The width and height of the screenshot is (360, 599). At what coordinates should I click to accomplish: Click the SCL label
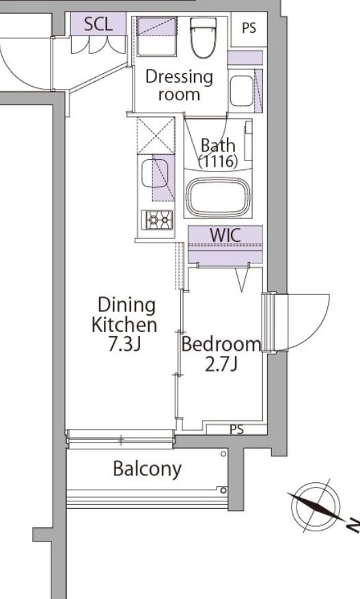coord(98,24)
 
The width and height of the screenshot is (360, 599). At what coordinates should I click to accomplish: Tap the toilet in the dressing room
coord(203,38)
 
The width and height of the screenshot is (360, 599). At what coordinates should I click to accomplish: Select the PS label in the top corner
coord(249,28)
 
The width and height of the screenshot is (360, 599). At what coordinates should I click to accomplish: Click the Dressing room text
coord(179,85)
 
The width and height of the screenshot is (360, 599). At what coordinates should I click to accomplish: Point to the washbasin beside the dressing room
coord(242,91)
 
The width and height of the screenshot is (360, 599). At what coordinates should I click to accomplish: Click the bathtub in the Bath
coord(218,197)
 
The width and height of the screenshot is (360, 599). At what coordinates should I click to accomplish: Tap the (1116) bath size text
coord(218,162)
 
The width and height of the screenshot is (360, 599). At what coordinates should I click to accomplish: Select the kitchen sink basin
coord(154,173)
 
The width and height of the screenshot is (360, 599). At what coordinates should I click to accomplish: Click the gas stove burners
coord(156,220)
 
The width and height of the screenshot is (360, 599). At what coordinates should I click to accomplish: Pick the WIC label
coord(225,236)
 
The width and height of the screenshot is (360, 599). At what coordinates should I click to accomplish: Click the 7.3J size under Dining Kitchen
coord(124,344)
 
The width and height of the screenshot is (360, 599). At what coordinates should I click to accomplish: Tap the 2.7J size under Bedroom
coord(221,364)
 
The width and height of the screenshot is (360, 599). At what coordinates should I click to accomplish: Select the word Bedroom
coord(221,344)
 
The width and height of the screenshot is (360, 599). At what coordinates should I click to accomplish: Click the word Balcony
coord(147,469)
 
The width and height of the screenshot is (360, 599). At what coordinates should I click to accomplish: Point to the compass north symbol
coord(316,507)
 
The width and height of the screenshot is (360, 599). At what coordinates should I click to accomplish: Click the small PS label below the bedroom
coord(236,430)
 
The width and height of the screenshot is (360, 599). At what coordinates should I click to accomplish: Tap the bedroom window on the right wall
coord(268,322)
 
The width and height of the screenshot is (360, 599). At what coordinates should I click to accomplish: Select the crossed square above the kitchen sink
coord(156,136)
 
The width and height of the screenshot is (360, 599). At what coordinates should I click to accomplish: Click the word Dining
coord(127,306)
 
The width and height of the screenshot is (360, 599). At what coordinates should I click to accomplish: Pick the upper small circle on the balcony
coord(223,454)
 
